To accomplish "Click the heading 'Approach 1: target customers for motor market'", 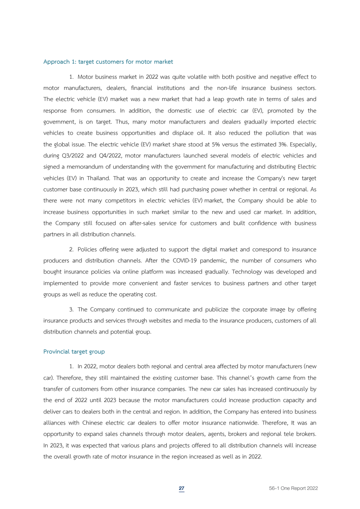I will coord(108,62).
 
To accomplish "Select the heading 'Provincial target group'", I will coord(74,352).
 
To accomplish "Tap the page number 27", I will coord(181,488).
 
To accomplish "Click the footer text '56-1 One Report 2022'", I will coord(293,488).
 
